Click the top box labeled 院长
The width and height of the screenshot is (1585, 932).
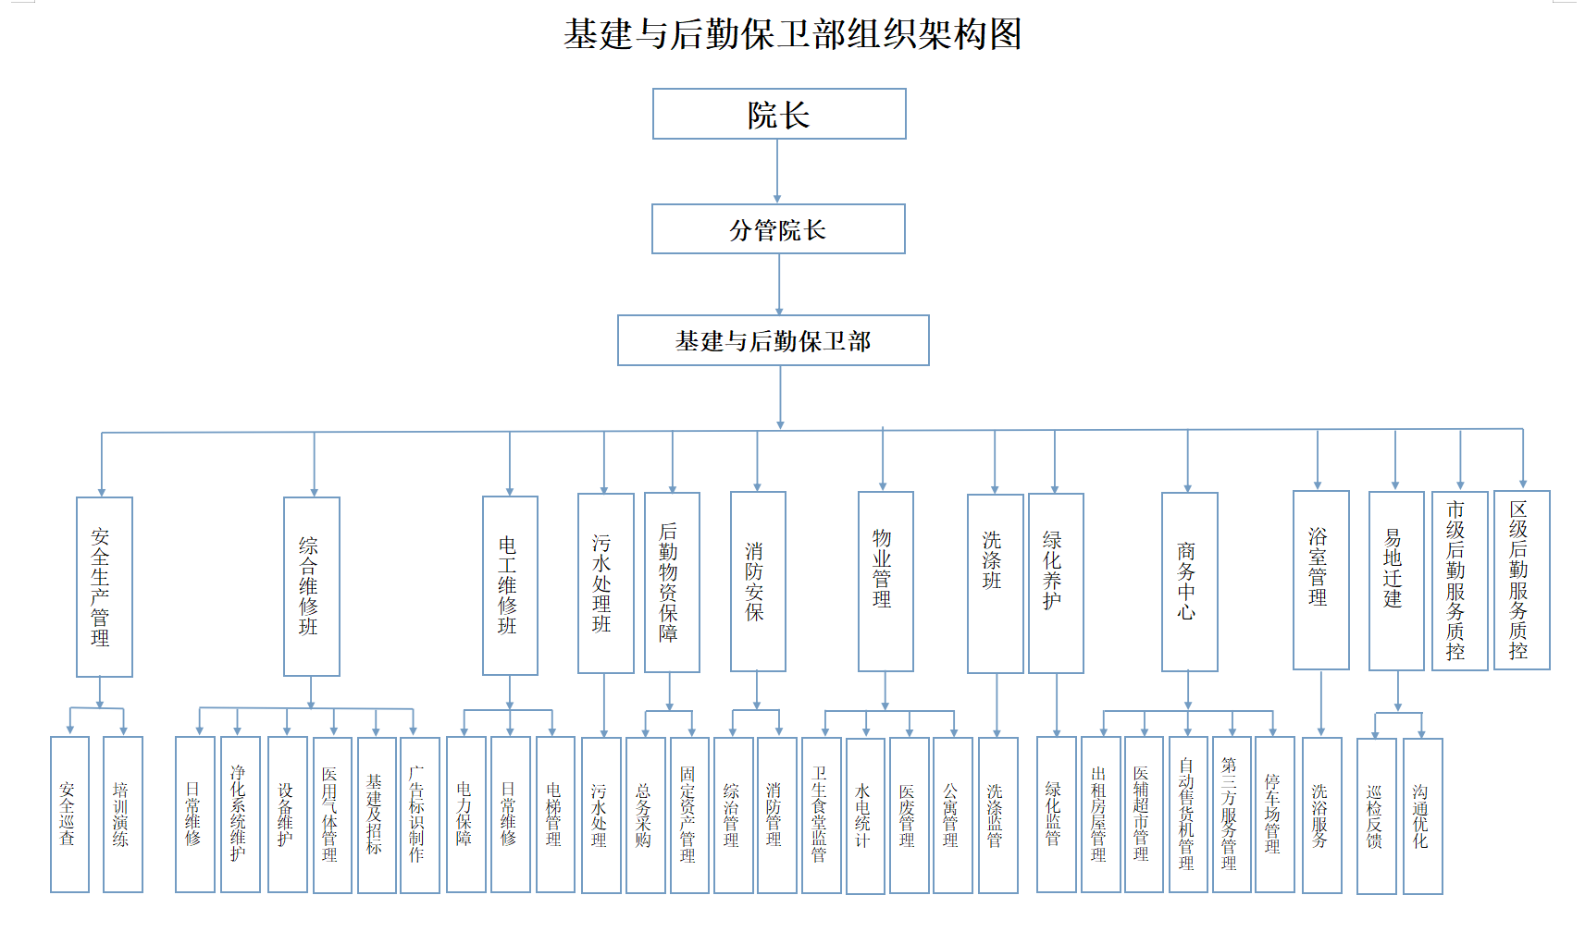[779, 114]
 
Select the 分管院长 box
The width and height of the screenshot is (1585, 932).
[778, 229]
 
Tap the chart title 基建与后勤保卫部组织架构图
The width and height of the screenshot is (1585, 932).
[793, 34]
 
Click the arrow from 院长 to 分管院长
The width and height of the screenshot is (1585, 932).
[777, 171]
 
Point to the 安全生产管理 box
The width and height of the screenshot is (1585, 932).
[104, 587]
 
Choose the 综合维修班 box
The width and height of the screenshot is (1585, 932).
[311, 587]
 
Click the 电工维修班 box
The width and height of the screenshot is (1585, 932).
[510, 585]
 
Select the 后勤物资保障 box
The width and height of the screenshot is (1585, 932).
[672, 582]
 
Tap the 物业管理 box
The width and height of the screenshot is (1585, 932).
[885, 582]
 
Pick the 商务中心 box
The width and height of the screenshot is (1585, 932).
[1189, 582]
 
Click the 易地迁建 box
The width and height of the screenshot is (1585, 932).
[1395, 581]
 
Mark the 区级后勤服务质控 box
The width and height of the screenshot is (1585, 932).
[1521, 580]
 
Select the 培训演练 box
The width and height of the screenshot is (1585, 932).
[122, 815]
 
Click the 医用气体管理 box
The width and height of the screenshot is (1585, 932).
[332, 815]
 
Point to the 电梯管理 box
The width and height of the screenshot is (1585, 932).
[555, 815]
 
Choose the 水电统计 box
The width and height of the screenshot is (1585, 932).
[865, 815]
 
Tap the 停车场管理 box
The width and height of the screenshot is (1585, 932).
[1274, 815]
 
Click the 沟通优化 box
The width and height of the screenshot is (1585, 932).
[1422, 816]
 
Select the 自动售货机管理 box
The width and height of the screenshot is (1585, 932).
[1188, 815]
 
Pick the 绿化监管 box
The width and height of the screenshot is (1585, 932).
[1056, 815]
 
